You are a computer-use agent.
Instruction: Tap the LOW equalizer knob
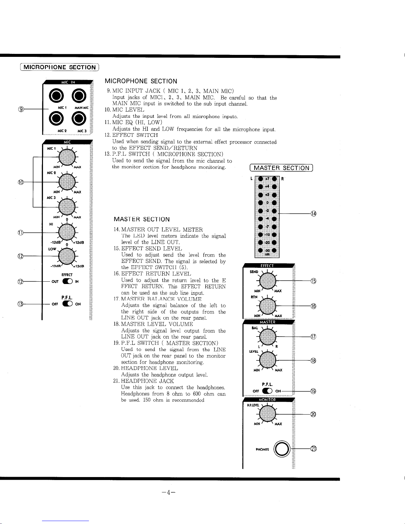click(x=66, y=256)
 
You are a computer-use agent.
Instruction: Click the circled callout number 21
click(x=313, y=449)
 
